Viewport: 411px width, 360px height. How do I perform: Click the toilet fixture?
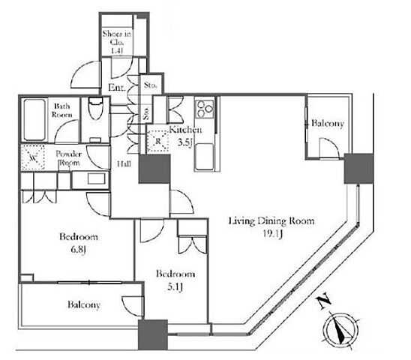[x=95, y=108]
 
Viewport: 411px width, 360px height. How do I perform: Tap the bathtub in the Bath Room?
[x=34, y=120]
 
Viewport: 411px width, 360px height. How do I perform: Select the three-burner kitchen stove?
[x=205, y=109]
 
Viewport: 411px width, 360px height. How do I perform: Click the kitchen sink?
[x=204, y=157]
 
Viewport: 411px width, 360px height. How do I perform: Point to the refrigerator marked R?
[x=157, y=141]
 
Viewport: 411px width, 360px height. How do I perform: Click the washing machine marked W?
[x=32, y=157]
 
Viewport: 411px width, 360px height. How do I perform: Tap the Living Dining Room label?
[x=271, y=221]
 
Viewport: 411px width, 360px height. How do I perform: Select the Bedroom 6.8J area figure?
[x=78, y=250]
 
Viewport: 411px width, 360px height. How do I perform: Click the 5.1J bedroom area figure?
[x=175, y=287]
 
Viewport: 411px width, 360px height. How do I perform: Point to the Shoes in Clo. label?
[x=117, y=42]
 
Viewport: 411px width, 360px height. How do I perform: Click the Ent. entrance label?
[x=117, y=87]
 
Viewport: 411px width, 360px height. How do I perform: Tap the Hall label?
[x=124, y=164]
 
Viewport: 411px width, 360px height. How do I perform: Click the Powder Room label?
[x=69, y=158]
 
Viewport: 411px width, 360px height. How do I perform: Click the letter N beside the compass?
[x=324, y=302]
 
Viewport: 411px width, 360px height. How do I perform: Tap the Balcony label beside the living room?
[x=328, y=123]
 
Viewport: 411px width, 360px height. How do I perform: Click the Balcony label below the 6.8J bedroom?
[x=84, y=304]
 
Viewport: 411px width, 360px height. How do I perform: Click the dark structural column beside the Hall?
[x=154, y=169]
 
